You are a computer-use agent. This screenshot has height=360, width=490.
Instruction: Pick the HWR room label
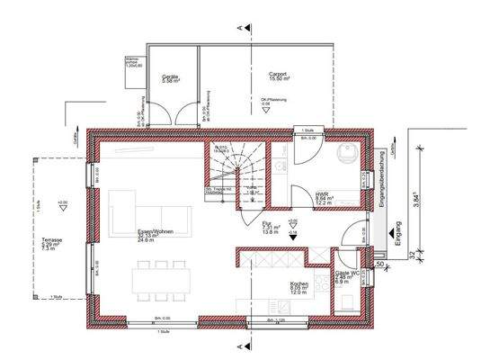tap(324, 196)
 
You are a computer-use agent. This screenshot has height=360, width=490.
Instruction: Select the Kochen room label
tap(299, 288)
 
